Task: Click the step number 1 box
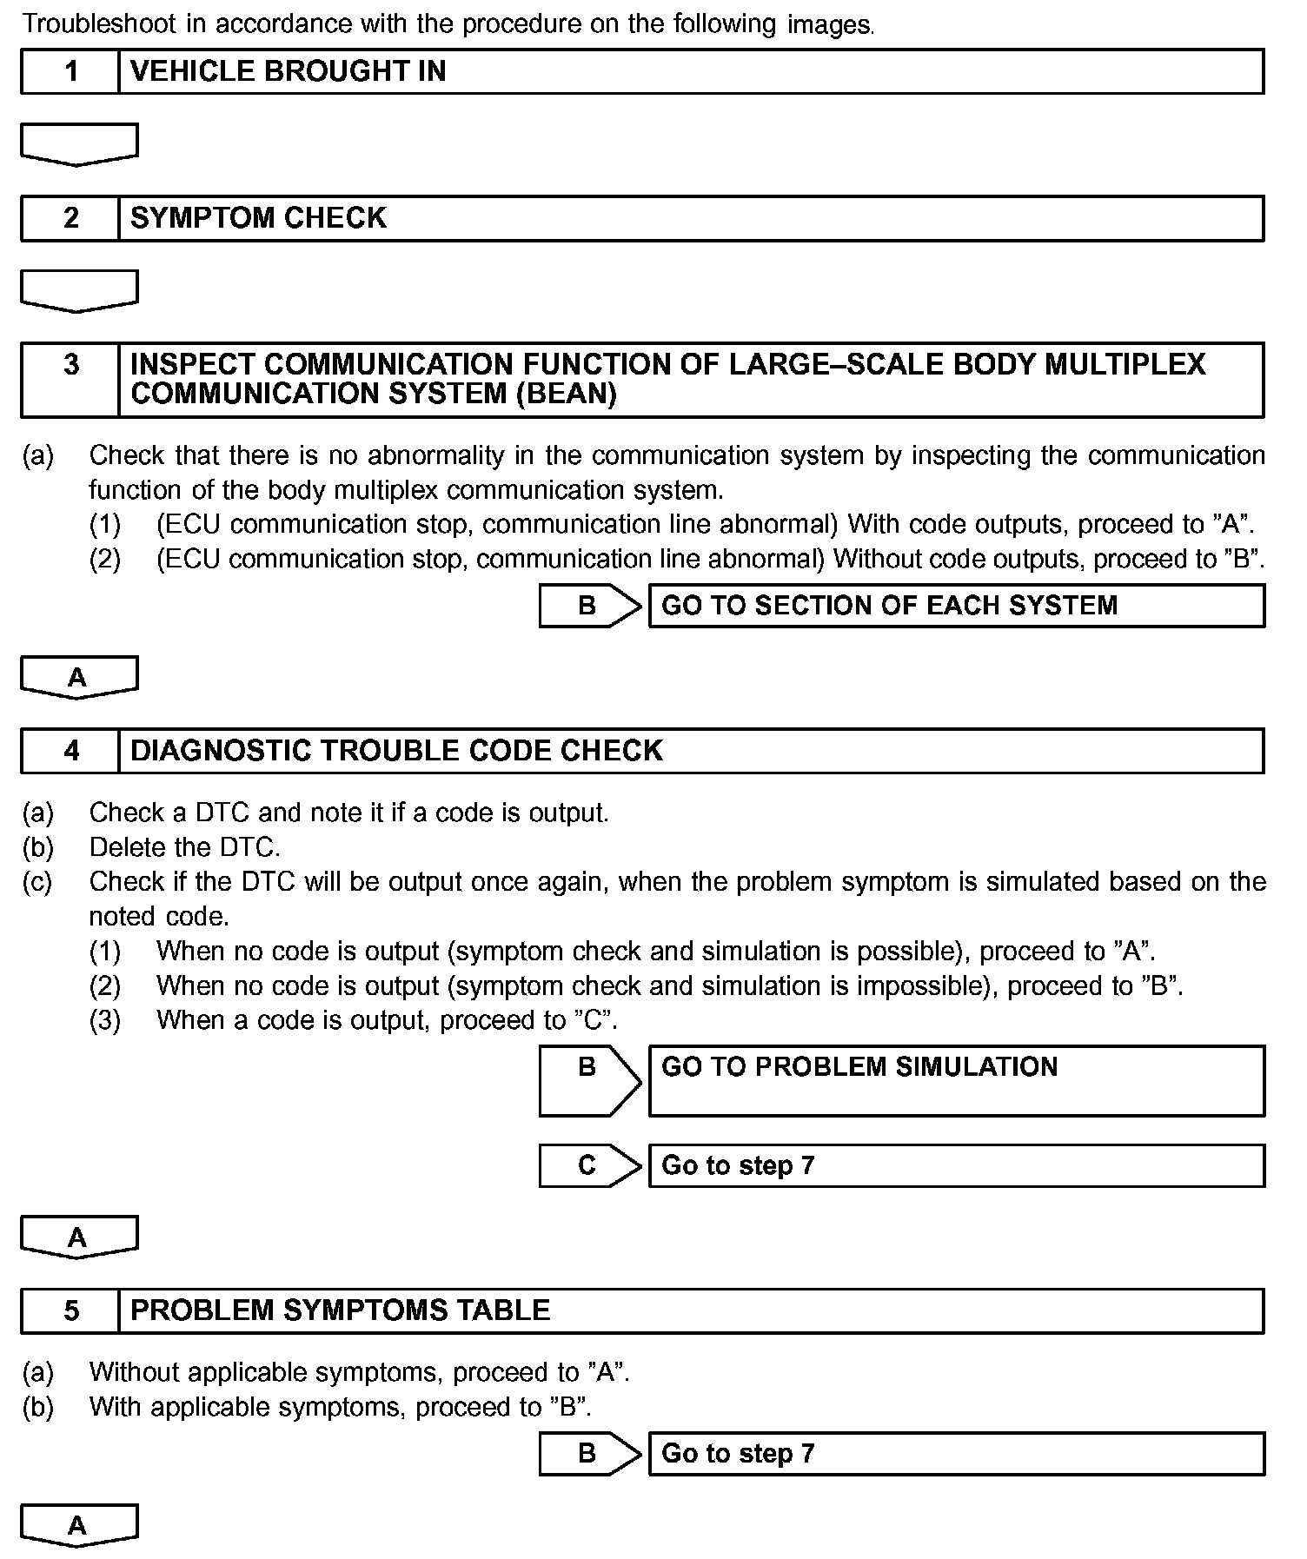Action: pos(70,71)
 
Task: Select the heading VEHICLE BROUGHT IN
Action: pos(288,71)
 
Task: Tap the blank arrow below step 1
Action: pos(78,143)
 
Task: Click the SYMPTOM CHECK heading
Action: pos(258,218)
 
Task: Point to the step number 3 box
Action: pos(70,379)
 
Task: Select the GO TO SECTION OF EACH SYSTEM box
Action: pos(956,606)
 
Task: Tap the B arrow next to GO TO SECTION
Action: pos(589,606)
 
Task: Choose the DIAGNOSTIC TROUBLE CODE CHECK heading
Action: pos(396,751)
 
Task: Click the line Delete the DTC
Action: pos(184,847)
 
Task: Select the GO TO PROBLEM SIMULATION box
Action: pos(956,1080)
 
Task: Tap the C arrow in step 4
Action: pos(589,1165)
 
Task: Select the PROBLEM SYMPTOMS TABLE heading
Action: pos(340,1310)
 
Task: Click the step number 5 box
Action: pos(70,1310)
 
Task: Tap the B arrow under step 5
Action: pos(589,1453)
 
